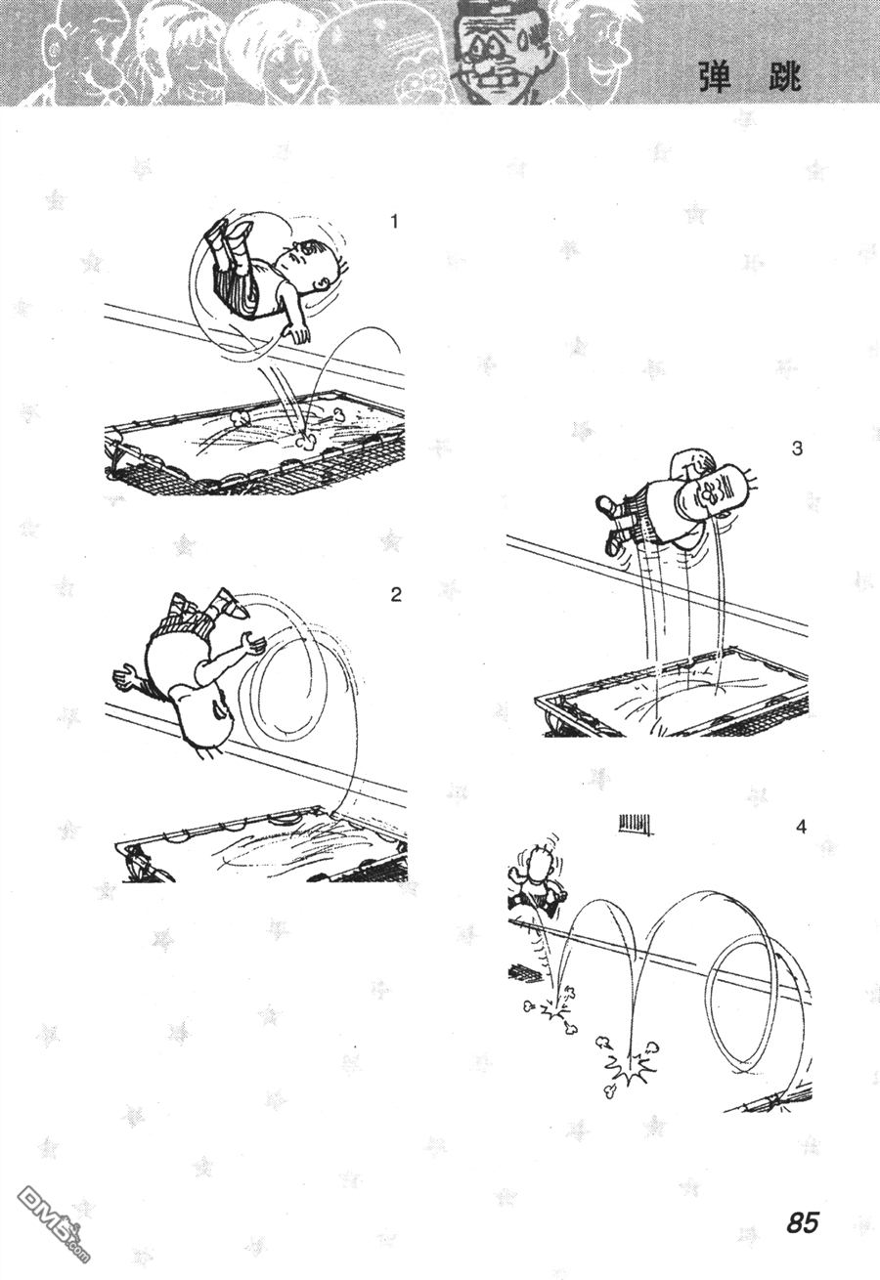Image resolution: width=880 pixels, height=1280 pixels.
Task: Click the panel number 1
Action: click(393, 221)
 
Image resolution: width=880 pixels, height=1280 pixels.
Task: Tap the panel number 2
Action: click(396, 595)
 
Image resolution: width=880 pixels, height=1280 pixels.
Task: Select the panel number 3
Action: click(797, 449)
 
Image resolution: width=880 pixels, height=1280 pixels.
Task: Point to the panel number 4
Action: click(801, 827)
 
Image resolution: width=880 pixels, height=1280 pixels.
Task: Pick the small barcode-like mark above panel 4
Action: click(635, 824)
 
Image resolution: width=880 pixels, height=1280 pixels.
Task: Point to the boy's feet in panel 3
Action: click(611, 521)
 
